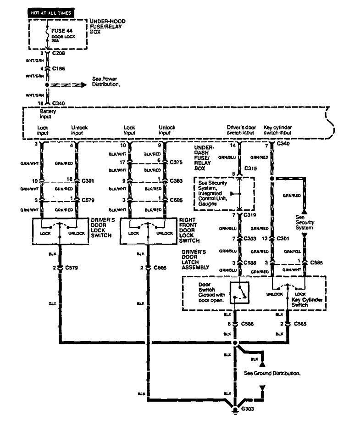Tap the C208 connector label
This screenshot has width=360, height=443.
(58, 54)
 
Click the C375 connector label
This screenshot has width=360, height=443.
(176, 162)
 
